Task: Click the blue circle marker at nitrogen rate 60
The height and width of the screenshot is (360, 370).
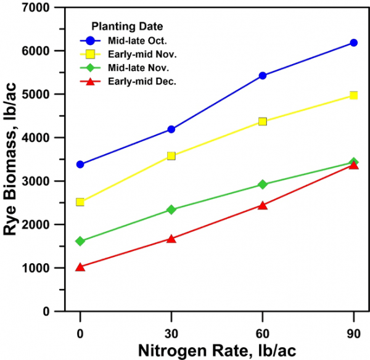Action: point(263,76)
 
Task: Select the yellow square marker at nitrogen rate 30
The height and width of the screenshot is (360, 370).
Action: point(171,156)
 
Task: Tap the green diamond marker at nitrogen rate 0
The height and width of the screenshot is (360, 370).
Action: point(80,241)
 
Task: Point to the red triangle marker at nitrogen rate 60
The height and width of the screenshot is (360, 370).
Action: point(263,205)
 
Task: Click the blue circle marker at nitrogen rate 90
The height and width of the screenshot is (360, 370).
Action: point(354,43)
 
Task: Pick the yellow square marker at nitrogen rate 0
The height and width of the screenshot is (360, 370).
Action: point(80,202)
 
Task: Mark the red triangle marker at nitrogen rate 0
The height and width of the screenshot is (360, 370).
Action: point(80,267)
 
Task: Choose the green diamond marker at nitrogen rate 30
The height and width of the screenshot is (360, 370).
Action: point(171,210)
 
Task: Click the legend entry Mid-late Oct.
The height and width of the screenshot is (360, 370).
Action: point(129,41)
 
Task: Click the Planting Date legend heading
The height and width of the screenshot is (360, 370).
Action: point(127,27)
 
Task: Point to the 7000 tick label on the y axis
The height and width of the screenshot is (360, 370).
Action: point(37,7)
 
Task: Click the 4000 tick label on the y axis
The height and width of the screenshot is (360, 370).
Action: point(37,138)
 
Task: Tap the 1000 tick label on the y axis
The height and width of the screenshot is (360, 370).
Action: point(37,268)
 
